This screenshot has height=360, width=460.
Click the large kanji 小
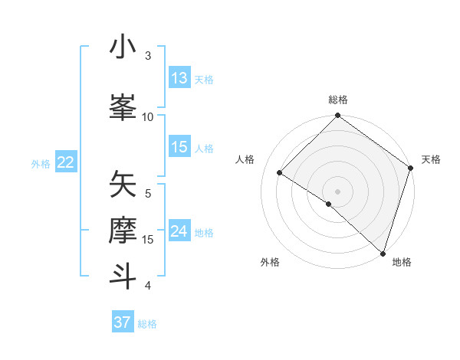pyautogui.click(x=123, y=47)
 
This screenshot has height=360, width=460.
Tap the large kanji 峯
pyautogui.click(x=123, y=106)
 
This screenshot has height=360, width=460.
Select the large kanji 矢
pyautogui.click(x=123, y=184)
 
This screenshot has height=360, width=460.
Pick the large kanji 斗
pyautogui.click(x=123, y=274)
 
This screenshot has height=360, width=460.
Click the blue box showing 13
pyautogui.click(x=179, y=78)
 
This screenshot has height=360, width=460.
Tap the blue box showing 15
pyautogui.click(x=179, y=147)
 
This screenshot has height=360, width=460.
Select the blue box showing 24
pyautogui.click(x=179, y=231)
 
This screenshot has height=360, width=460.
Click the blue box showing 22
pyautogui.click(x=66, y=162)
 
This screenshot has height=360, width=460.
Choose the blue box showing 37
pyautogui.click(x=123, y=322)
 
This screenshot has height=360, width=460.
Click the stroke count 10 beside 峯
pyautogui.click(x=148, y=116)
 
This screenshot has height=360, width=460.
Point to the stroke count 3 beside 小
pyautogui.click(x=148, y=55)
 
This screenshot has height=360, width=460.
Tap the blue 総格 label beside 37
pyautogui.click(x=147, y=324)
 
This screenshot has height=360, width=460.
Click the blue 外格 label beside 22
pyautogui.click(x=41, y=163)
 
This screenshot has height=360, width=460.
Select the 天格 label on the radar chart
pyautogui.click(x=432, y=159)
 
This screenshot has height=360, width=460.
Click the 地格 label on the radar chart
pyautogui.click(x=402, y=262)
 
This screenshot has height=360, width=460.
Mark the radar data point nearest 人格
pyautogui.click(x=280, y=173)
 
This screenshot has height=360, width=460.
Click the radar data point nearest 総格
pyautogui.click(x=337, y=116)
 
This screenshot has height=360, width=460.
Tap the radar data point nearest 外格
pyautogui.click(x=329, y=204)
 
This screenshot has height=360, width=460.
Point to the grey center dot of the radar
pyautogui.click(x=337, y=191)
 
